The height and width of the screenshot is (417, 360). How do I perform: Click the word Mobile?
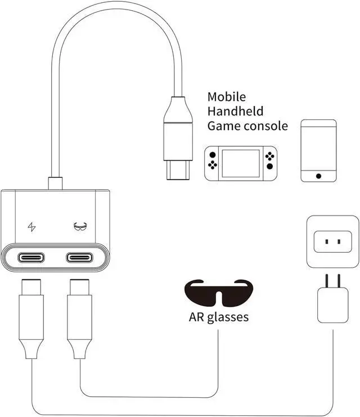point(227,97)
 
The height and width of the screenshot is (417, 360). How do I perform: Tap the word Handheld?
point(235,111)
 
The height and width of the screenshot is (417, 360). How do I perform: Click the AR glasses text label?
point(218,317)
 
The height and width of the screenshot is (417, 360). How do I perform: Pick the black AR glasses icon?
point(219,291)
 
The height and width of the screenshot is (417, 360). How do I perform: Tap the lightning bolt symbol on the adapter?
point(32,227)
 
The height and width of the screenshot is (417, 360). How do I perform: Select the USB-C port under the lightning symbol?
point(32,258)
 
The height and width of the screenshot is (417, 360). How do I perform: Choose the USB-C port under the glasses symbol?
point(80,258)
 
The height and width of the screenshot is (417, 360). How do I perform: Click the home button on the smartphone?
point(318,176)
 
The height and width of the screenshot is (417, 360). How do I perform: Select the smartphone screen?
point(318,148)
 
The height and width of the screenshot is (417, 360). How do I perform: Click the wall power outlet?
point(332,242)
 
